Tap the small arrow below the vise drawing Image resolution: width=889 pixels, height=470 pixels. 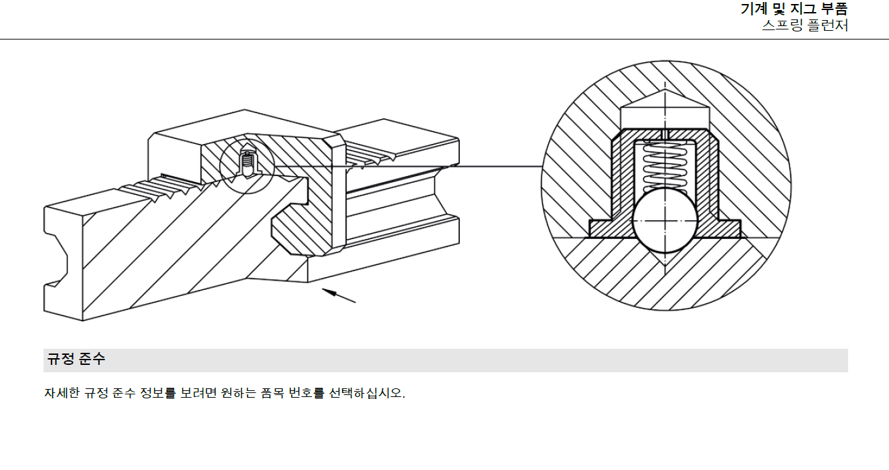tap(339, 295)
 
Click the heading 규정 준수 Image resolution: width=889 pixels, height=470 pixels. tap(76, 360)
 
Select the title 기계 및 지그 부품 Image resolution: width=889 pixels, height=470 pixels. tap(794, 9)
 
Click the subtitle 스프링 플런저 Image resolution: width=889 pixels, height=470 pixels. tap(805, 27)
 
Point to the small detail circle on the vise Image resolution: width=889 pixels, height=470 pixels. tap(247, 166)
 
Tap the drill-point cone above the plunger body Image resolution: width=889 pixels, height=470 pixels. tap(664, 107)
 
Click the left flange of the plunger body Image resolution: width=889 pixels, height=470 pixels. tap(606, 228)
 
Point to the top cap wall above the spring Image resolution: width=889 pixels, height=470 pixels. tap(664, 134)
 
